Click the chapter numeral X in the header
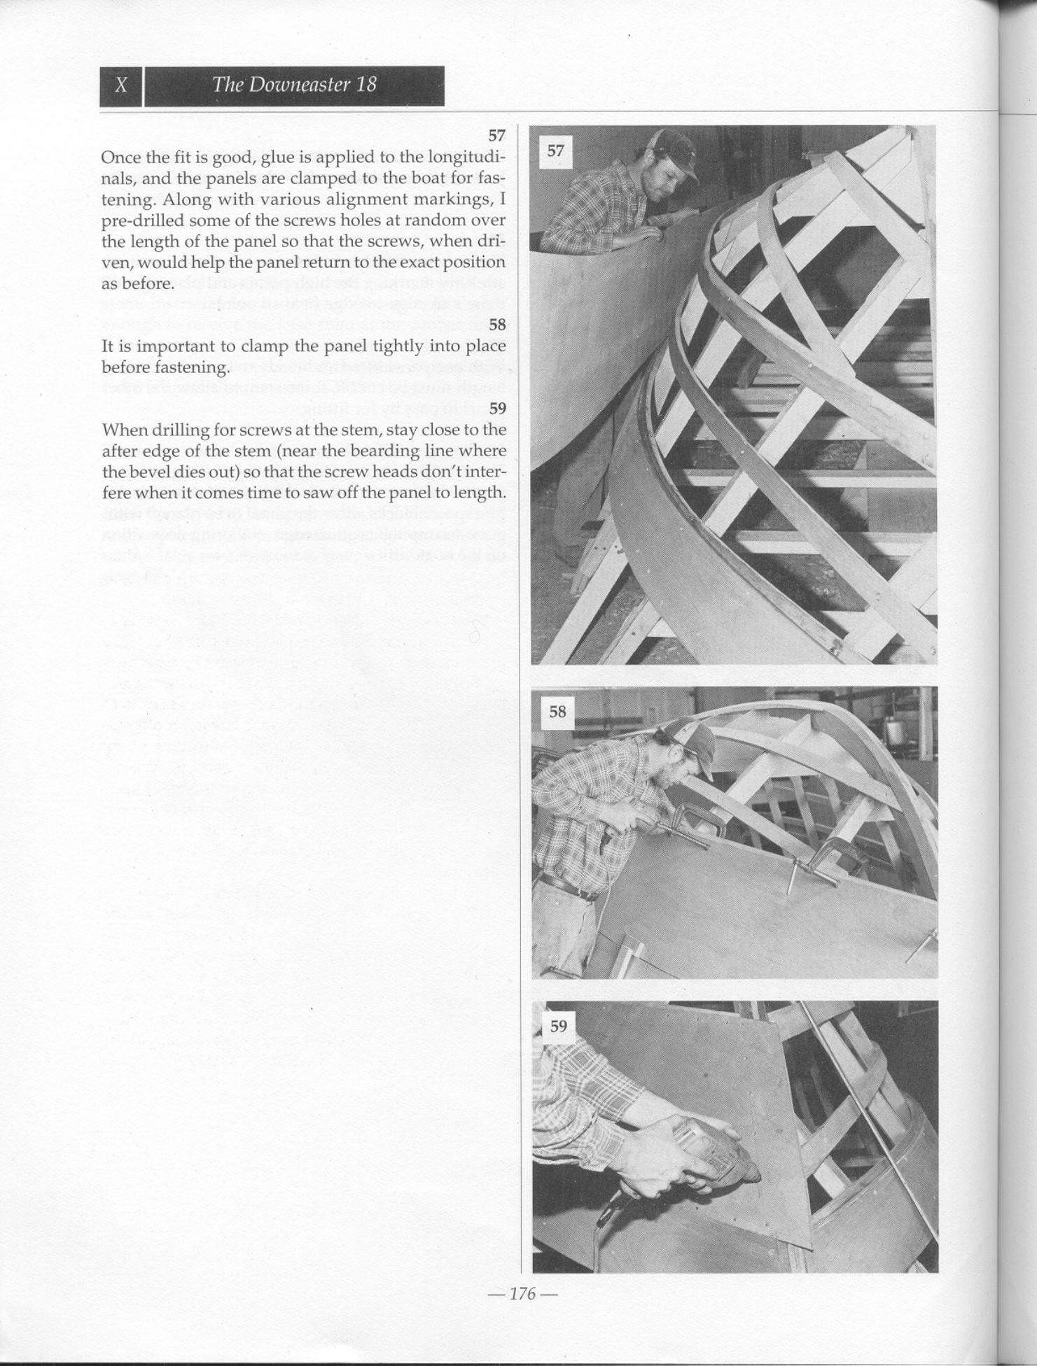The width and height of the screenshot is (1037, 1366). tap(121, 85)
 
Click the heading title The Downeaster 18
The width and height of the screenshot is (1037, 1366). tap(294, 85)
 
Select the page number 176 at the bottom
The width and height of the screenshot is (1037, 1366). tap(522, 1293)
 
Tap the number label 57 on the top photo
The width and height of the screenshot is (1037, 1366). tap(555, 150)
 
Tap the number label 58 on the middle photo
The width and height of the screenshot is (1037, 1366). tap(557, 712)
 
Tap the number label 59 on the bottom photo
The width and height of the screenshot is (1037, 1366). tap(558, 1026)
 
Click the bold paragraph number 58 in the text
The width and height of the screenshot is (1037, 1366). tap(496, 324)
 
